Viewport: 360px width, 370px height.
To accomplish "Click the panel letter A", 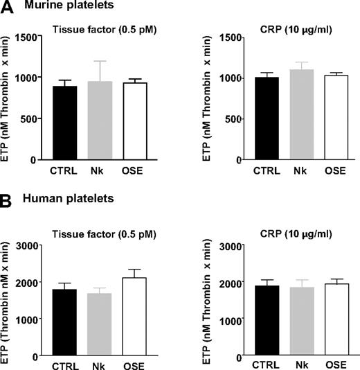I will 8,9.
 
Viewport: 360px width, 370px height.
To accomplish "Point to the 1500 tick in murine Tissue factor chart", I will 26,35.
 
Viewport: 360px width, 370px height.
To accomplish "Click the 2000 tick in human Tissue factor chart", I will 26,282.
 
